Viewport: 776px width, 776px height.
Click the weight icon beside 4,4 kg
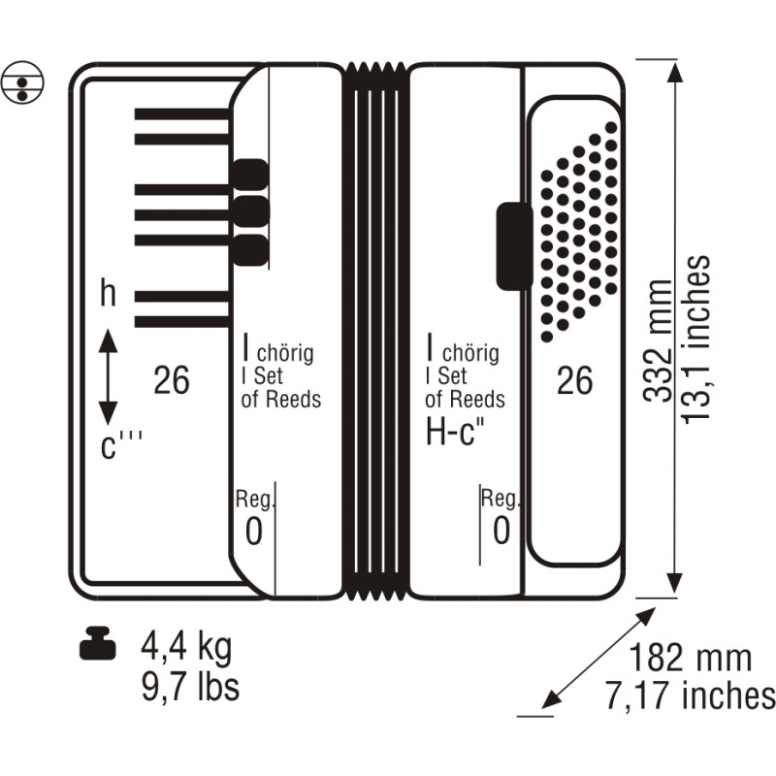pos(98,642)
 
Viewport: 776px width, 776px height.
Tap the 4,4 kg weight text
pos(186,648)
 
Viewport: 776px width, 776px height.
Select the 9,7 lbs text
pos(190,686)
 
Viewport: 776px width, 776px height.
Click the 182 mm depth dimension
pos(690,658)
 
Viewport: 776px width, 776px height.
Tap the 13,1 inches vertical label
pos(695,339)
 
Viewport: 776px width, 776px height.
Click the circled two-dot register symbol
pos(22,82)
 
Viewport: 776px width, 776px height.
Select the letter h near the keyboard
pos(108,293)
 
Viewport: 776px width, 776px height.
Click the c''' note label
pos(120,443)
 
